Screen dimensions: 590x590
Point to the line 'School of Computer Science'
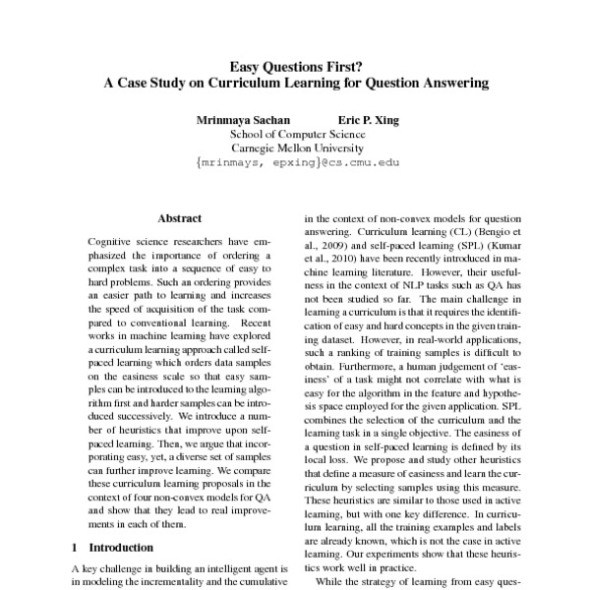294,136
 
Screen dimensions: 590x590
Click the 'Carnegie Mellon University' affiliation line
294,150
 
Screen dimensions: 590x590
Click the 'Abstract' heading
179,217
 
